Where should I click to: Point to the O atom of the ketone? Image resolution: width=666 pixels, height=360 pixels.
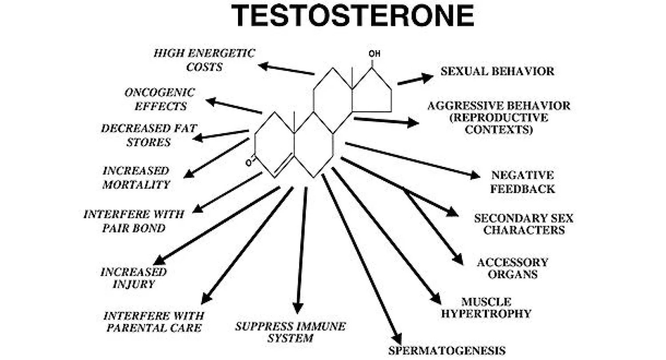pyautogui.click(x=249, y=162)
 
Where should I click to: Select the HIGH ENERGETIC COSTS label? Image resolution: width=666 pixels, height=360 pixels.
pyautogui.click(x=204, y=60)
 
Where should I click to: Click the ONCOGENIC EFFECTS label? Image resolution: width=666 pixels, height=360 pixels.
pyautogui.click(x=159, y=99)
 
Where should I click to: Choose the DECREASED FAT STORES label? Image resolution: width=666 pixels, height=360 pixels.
pyautogui.click(x=148, y=135)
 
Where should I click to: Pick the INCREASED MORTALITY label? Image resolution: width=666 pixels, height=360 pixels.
pyautogui.click(x=136, y=178)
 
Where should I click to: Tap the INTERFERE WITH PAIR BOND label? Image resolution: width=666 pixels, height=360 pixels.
pyautogui.click(x=134, y=221)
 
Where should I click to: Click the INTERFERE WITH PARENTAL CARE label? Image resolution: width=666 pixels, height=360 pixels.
pyautogui.click(x=154, y=322)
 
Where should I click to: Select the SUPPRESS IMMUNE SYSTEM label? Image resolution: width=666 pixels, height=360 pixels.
pyautogui.click(x=290, y=332)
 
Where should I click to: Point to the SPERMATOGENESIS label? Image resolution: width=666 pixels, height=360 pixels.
pyautogui.click(x=447, y=350)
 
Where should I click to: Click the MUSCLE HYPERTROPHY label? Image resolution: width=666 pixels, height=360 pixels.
pyautogui.click(x=496, y=308)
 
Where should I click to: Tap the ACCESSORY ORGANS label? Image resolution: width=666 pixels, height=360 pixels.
pyautogui.click(x=512, y=268)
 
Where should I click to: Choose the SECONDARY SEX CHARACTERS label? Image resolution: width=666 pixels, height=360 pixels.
pyautogui.click(x=523, y=224)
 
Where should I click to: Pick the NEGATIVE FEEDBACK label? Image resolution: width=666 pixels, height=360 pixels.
pyautogui.click(x=523, y=182)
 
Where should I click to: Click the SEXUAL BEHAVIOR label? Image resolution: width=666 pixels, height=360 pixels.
pyautogui.click(x=497, y=71)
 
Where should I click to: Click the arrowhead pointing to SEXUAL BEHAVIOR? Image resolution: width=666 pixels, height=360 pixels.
pyautogui.click(x=428, y=78)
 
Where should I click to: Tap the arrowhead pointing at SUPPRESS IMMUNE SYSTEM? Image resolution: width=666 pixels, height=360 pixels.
pyautogui.click(x=298, y=308)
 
